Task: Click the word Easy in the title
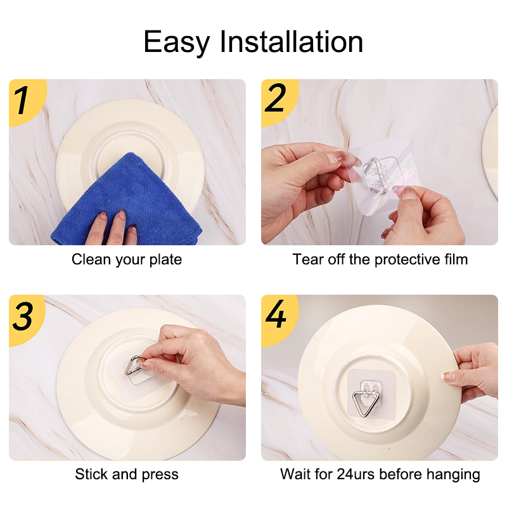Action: [x=177, y=42]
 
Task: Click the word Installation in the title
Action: [x=292, y=41]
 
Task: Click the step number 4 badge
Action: [x=278, y=319]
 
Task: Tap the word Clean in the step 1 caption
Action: [x=91, y=259]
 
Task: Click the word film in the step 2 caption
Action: [x=456, y=259]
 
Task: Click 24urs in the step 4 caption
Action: [x=356, y=474]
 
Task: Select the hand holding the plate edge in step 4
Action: [x=473, y=372]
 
